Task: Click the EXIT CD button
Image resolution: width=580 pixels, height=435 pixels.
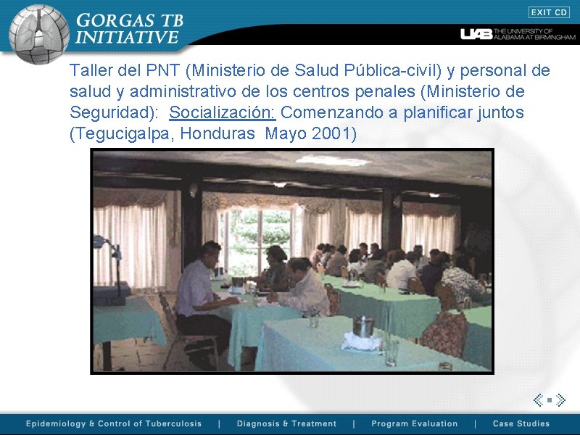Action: (x=549, y=12)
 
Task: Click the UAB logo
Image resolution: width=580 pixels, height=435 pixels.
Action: (x=476, y=34)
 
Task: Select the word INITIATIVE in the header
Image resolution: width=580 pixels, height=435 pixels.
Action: (x=127, y=37)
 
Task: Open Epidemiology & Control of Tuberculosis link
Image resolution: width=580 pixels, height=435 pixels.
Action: (x=114, y=424)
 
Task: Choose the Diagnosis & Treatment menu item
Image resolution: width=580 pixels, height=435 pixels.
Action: (x=286, y=424)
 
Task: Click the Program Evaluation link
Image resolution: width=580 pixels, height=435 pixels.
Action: (x=414, y=424)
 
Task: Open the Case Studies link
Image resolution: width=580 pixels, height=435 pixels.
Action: (x=521, y=424)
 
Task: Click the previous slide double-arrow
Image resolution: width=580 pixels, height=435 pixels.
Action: (x=539, y=399)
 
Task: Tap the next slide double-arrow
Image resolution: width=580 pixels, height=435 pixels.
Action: (x=560, y=399)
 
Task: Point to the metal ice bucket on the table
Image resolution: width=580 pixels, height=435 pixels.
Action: (x=362, y=326)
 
